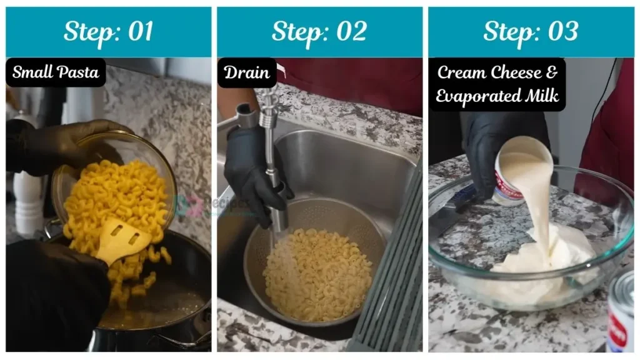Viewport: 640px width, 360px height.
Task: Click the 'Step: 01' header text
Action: [108, 32]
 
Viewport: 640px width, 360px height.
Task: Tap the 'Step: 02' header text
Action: [319, 32]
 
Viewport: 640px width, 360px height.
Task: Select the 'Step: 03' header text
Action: [531, 32]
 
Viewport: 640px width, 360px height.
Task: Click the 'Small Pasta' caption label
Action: [56, 72]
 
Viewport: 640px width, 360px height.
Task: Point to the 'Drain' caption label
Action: [247, 72]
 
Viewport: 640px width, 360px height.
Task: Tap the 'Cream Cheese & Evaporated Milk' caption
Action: [497, 84]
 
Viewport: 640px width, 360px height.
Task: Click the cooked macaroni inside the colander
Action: [316, 275]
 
